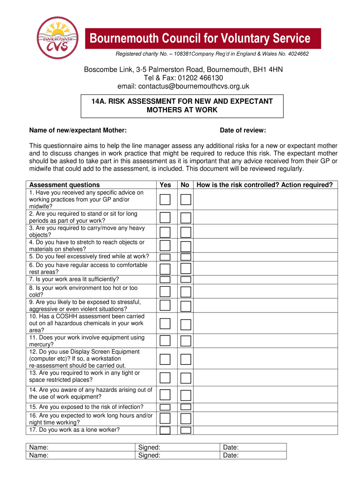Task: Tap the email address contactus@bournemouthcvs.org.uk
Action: (x=183, y=86)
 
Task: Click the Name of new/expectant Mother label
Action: (x=78, y=130)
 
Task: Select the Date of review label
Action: (x=243, y=130)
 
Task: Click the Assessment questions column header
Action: (x=65, y=185)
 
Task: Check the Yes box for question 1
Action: (x=165, y=200)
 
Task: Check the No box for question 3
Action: (x=186, y=232)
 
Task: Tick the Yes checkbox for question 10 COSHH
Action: (x=165, y=324)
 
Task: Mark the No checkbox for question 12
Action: (x=186, y=359)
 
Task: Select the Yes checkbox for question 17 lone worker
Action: (x=165, y=430)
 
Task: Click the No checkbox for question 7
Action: (x=186, y=279)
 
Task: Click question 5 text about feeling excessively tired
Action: (x=89, y=256)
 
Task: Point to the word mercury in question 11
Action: (x=41, y=344)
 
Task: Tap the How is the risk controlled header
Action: (x=265, y=185)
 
